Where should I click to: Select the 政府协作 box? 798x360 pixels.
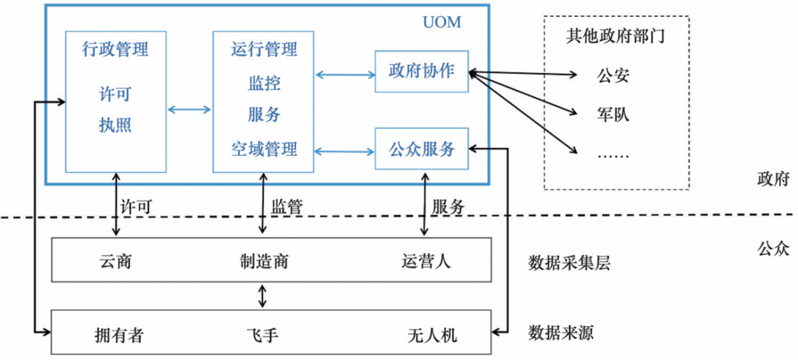click(x=421, y=72)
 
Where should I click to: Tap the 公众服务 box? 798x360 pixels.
click(x=421, y=149)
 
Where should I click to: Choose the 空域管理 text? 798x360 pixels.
click(x=263, y=149)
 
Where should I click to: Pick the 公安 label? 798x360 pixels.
click(x=612, y=75)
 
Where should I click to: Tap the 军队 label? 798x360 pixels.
click(x=612, y=115)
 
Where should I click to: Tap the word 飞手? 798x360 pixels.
click(x=263, y=334)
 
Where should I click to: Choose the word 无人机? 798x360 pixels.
click(x=433, y=334)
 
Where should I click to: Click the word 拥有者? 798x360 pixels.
click(x=118, y=334)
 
